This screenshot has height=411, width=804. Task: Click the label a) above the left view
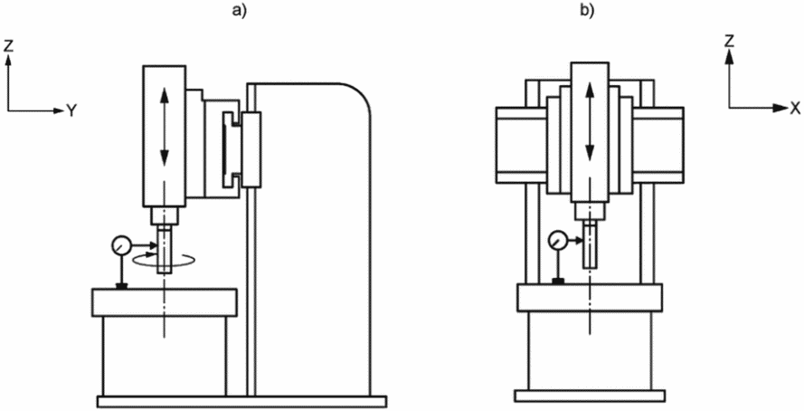click(x=240, y=10)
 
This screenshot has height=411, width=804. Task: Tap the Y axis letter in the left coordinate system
click(x=71, y=110)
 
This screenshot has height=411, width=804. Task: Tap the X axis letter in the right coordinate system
click(x=795, y=108)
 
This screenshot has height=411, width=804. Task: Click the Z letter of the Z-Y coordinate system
click(x=8, y=45)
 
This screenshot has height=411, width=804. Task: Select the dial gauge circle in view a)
click(x=121, y=244)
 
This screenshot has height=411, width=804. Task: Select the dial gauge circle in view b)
click(x=558, y=240)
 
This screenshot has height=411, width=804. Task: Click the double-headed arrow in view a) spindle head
click(x=164, y=128)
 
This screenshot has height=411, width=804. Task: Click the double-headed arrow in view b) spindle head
click(x=590, y=122)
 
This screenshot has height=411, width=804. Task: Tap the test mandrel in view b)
click(x=591, y=244)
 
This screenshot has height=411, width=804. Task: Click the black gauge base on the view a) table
click(x=121, y=286)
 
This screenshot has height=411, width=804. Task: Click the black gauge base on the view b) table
click(x=558, y=281)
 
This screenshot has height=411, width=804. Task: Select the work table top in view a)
click(x=164, y=302)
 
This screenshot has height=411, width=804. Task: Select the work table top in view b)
click(x=590, y=297)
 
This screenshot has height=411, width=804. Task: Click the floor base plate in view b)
click(x=590, y=396)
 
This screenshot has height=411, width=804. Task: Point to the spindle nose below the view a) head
click(x=164, y=215)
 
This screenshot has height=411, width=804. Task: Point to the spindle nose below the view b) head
click(x=591, y=210)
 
